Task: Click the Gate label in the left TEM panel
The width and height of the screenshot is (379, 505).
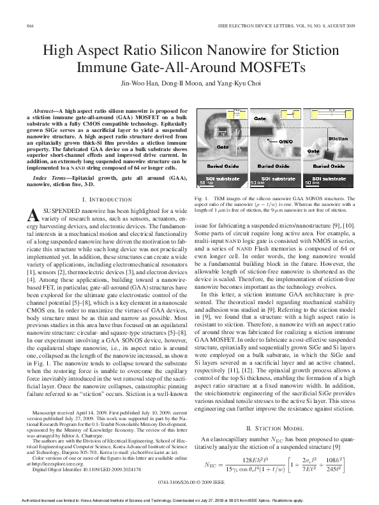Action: coord(205,147)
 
